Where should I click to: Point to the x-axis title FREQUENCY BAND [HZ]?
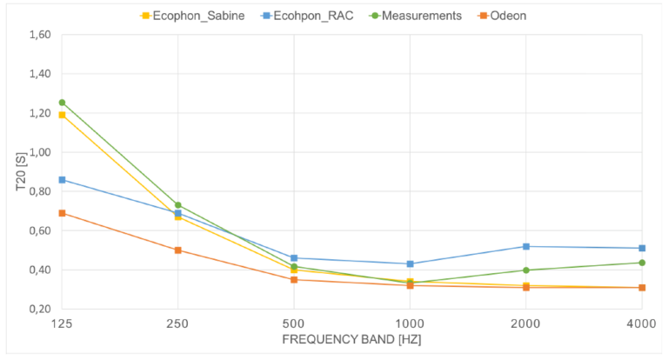pos(351,339)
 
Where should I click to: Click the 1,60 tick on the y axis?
pos(38,35)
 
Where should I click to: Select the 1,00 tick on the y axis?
pos(38,152)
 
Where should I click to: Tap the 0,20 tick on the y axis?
pos(38,309)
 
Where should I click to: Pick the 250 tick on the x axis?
pos(177,322)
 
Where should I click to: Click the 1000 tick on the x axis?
pos(410,322)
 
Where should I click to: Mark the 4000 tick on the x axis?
pos(641,322)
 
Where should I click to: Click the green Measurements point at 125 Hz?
pos(62,103)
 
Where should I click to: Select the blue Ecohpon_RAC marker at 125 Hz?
pos(62,180)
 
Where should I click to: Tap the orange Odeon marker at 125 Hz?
pos(62,213)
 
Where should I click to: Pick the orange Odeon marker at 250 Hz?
pos(177,250)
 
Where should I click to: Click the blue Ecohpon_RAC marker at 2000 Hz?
pos(526,246)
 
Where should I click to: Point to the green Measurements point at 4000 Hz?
pos(642,263)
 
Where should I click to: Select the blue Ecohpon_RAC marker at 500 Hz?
pos(294,258)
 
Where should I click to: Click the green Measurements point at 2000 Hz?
pos(526,270)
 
